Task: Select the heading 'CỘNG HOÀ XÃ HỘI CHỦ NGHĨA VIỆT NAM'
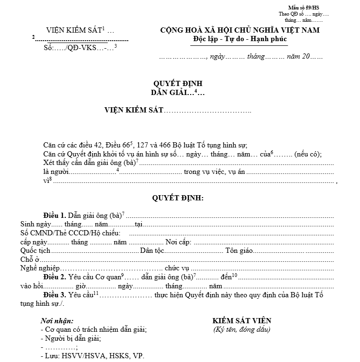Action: coord(240,30)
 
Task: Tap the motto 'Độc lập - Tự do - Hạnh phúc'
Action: coord(240,38)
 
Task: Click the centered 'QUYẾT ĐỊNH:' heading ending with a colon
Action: coord(177,198)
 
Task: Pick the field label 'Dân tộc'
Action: coord(152,250)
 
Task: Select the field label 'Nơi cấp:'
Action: coord(178,241)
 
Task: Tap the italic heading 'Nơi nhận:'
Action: coord(57,321)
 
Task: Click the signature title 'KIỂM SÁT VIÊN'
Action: coord(242,321)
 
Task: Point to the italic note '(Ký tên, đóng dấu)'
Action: coord(242,329)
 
